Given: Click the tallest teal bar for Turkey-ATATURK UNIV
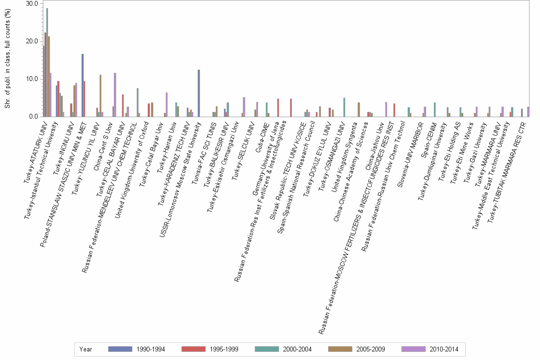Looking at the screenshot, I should [47, 62].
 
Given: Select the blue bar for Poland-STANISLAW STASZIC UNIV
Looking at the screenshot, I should [82, 85].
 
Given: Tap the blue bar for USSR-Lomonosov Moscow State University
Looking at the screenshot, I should [199, 93].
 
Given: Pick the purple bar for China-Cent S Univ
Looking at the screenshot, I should [115, 95].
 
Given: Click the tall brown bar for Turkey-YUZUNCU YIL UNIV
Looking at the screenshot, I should [100, 96].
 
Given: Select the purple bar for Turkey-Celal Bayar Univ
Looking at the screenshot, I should [167, 105].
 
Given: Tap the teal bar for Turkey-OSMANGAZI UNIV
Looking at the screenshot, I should [344, 107].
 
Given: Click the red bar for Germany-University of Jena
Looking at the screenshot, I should [278, 108].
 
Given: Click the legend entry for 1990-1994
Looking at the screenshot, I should [136, 349].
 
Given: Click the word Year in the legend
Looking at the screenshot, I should [86, 349].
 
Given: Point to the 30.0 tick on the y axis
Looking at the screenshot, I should [31, 4].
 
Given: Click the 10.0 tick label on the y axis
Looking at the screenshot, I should [31, 79].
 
